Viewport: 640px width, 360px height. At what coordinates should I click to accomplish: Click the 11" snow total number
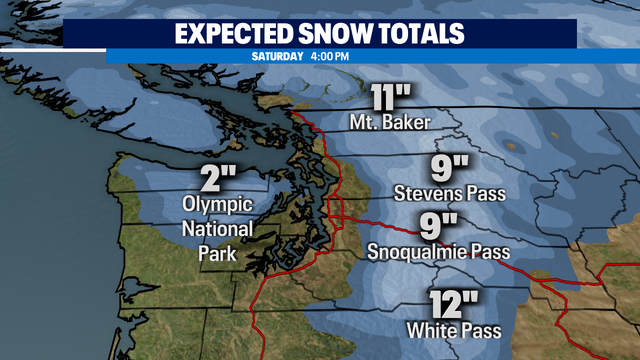392,100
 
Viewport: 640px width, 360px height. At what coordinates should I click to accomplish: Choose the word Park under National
217,254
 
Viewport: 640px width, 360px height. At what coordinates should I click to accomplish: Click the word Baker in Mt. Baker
407,124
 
